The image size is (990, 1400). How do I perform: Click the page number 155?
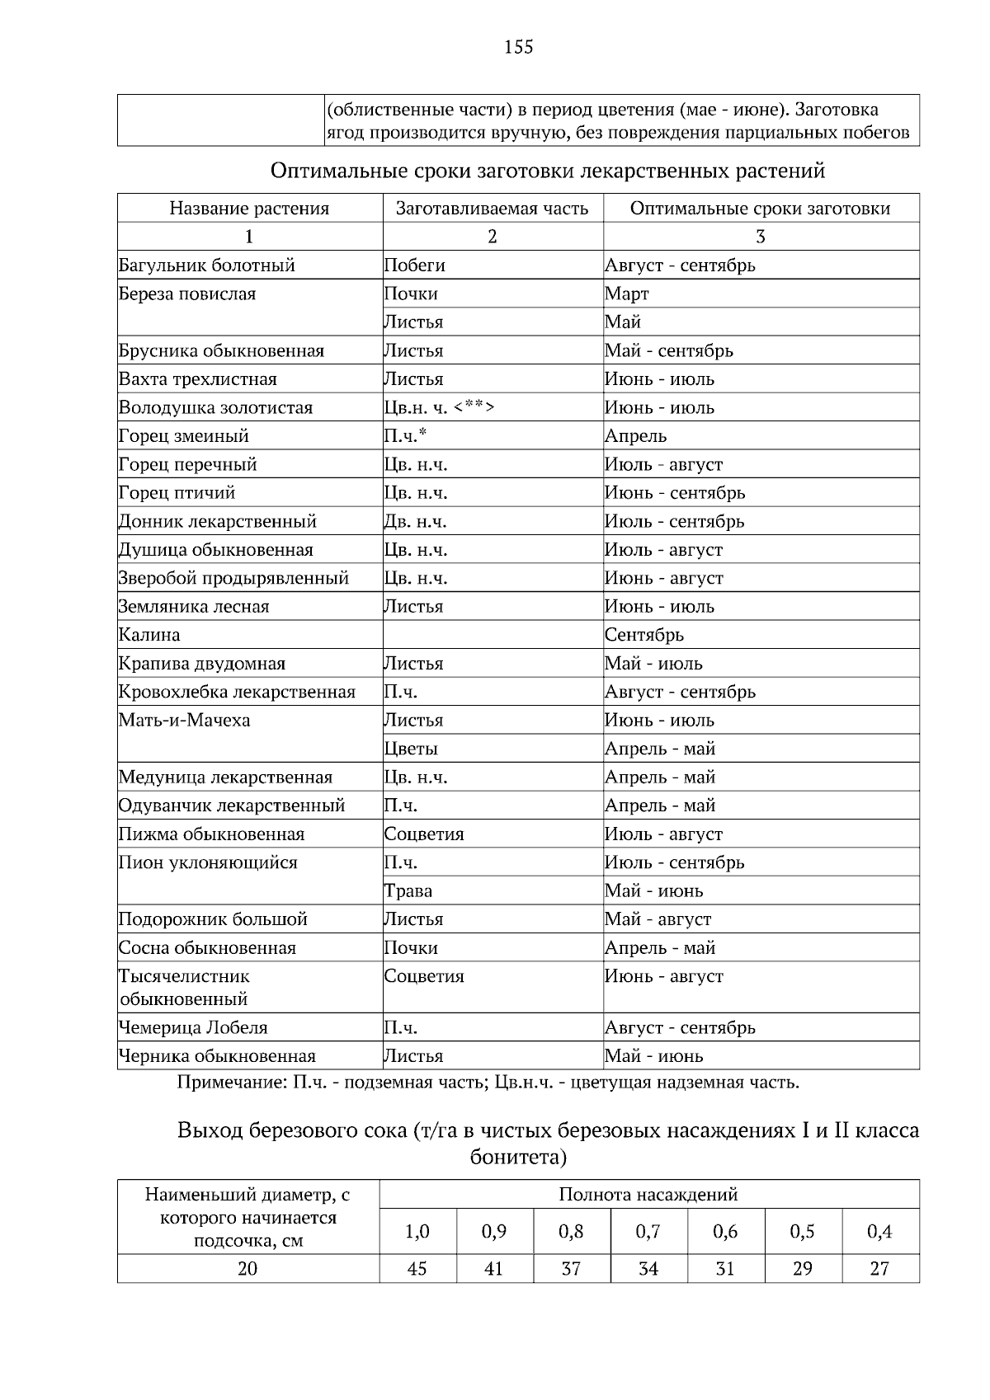(518, 47)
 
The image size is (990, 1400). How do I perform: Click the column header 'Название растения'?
(249, 209)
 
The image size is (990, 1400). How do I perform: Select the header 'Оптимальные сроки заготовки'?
(760, 209)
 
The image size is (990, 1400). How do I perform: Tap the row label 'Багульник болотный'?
(207, 265)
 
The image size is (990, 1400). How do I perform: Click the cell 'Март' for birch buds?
(627, 294)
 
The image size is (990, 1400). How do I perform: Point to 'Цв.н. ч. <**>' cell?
(440, 408)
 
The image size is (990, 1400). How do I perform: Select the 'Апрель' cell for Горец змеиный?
(635, 436)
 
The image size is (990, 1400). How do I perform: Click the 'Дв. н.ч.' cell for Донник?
(416, 522)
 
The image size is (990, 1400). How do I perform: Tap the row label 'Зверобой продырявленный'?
(233, 579)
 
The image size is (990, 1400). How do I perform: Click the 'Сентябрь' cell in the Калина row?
(644, 636)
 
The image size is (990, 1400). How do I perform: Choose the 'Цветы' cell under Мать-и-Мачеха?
(411, 749)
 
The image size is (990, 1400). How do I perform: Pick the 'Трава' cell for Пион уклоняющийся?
(408, 891)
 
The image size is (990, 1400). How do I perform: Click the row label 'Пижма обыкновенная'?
(212, 834)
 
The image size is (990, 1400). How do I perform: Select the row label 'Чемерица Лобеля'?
(193, 1028)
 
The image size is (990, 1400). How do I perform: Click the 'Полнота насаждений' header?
(648, 1195)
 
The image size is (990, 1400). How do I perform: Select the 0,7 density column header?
(648, 1232)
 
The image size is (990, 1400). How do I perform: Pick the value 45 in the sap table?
(417, 1269)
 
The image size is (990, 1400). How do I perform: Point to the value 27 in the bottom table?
(879, 1269)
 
